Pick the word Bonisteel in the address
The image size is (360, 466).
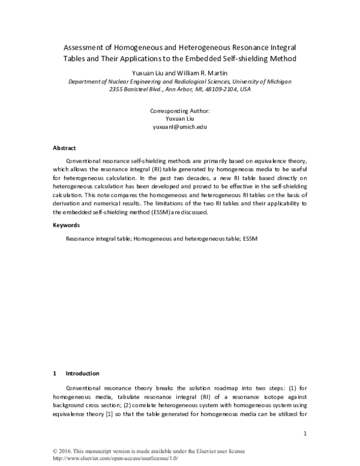(139, 89)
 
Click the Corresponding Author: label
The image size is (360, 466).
(180, 111)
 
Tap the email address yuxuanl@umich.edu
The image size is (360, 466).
(180, 128)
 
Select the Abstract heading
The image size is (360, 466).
(64, 148)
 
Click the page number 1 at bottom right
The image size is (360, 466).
(305, 434)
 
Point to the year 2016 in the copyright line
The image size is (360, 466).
(68, 451)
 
